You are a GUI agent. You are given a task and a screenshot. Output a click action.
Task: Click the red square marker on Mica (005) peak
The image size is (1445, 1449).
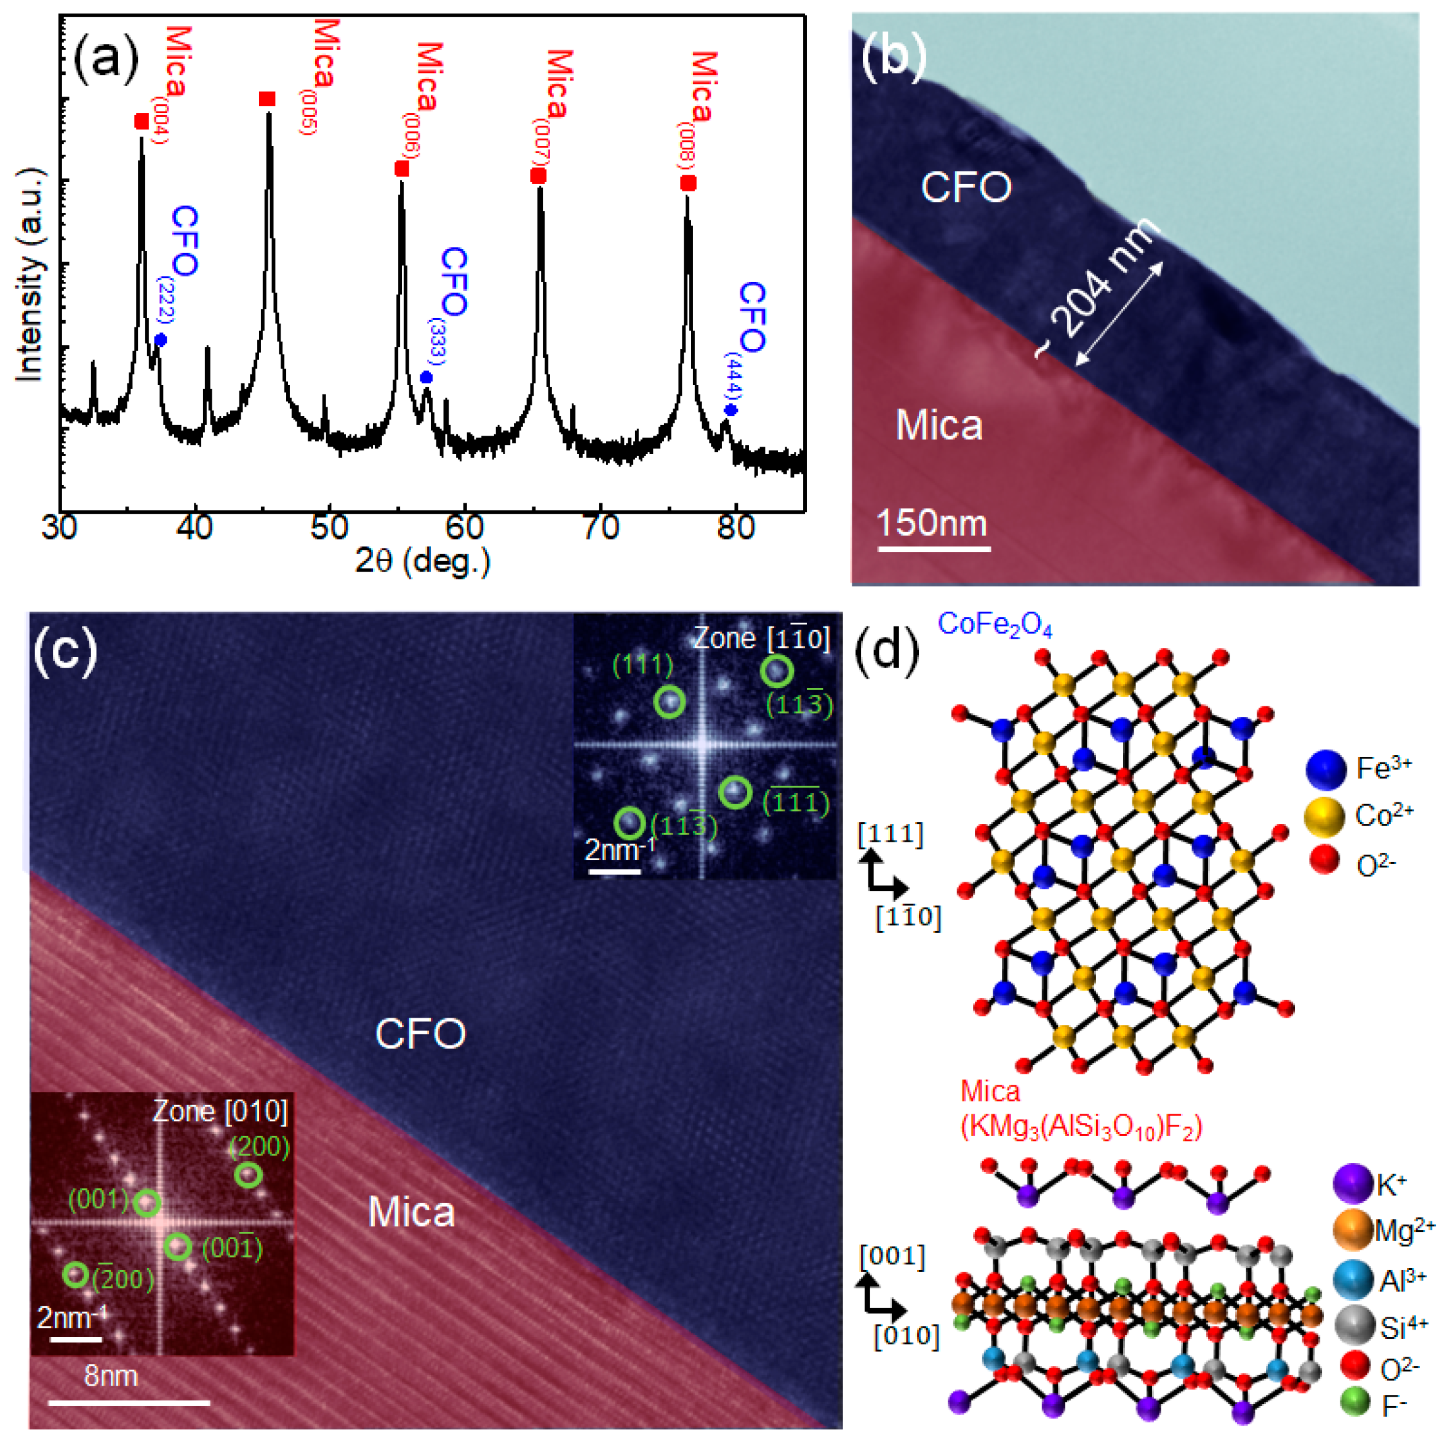[267, 99]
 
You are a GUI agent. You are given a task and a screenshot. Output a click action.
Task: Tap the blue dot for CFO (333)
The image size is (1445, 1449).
[426, 377]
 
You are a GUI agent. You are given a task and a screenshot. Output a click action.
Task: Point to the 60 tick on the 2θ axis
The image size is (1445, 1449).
[465, 528]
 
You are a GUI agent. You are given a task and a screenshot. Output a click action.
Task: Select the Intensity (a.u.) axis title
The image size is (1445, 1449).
[30, 274]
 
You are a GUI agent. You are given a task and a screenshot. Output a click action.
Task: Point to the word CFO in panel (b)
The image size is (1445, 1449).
[966, 187]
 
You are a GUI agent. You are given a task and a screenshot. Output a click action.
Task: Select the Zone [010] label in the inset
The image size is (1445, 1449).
[220, 1111]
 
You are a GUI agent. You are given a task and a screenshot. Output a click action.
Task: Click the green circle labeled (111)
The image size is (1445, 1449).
[669, 703]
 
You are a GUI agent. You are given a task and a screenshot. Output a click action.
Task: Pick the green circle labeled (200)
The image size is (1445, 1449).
[249, 1175]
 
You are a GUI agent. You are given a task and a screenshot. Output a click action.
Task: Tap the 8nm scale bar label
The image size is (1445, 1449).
[111, 1376]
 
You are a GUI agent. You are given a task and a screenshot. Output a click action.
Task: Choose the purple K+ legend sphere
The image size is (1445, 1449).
[1353, 1184]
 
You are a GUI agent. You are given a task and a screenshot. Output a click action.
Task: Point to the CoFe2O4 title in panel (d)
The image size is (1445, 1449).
[995, 625]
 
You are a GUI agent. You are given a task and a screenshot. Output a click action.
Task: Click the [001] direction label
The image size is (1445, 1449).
[892, 1256]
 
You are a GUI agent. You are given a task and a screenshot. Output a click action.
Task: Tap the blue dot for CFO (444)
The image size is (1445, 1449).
[731, 410]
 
